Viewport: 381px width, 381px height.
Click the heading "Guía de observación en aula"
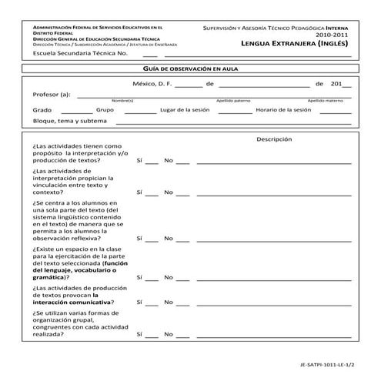point(189,69)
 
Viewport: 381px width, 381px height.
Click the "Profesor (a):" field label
point(52,95)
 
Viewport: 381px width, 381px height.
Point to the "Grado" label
point(42,110)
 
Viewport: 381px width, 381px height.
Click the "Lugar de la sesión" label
point(185,110)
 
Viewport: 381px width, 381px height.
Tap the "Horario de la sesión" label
point(283,110)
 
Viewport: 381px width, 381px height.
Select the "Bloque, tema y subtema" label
point(69,122)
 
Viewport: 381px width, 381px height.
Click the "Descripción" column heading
point(274,139)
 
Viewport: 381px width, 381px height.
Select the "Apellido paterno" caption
point(233,101)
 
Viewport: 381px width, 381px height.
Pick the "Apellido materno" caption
point(326,101)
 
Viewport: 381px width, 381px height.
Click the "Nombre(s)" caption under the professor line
point(122,101)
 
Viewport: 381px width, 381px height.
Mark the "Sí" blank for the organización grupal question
point(152,336)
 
